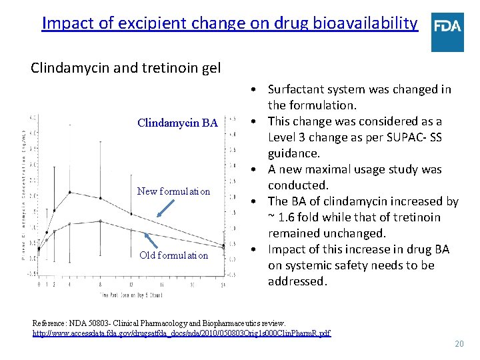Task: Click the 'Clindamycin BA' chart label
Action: coord(177,123)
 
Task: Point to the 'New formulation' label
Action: coord(173,191)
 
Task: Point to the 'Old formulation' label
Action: coord(173,255)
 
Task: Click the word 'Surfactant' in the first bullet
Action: coord(297,89)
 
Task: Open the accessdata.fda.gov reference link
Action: coord(181,333)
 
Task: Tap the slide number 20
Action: coord(458,344)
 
